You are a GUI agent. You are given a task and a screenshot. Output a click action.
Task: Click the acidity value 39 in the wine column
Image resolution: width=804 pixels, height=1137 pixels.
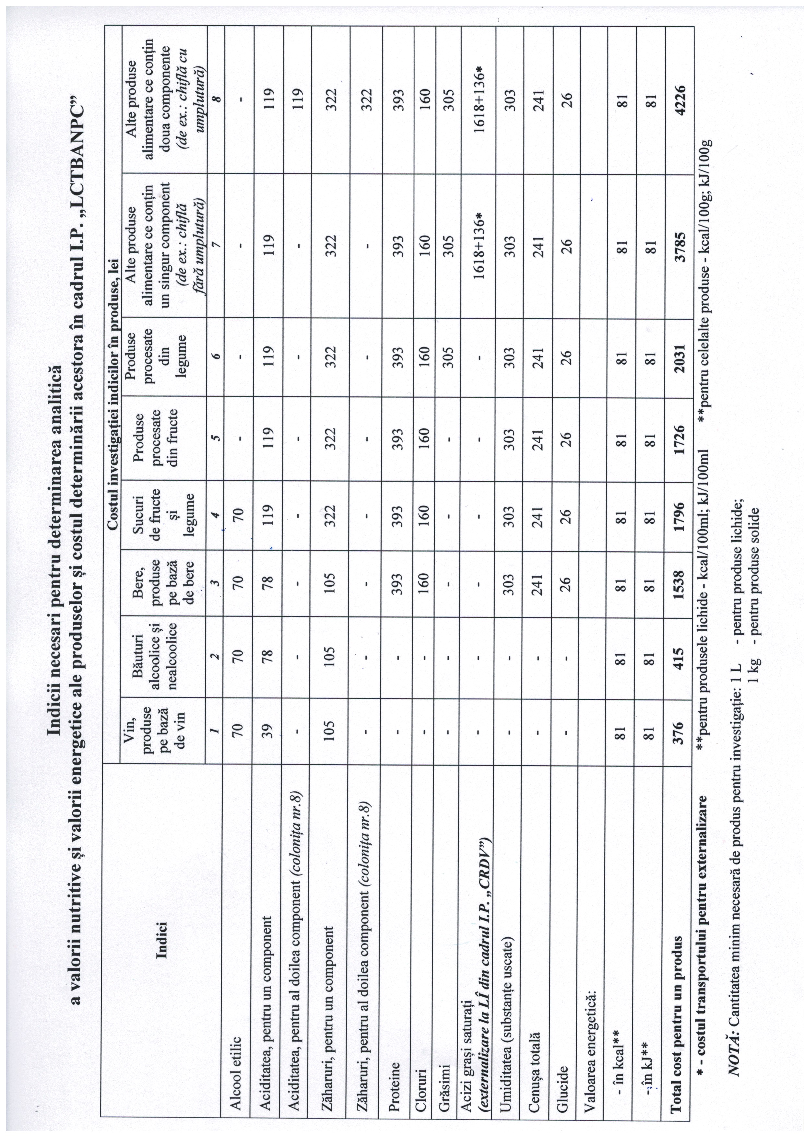268,730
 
